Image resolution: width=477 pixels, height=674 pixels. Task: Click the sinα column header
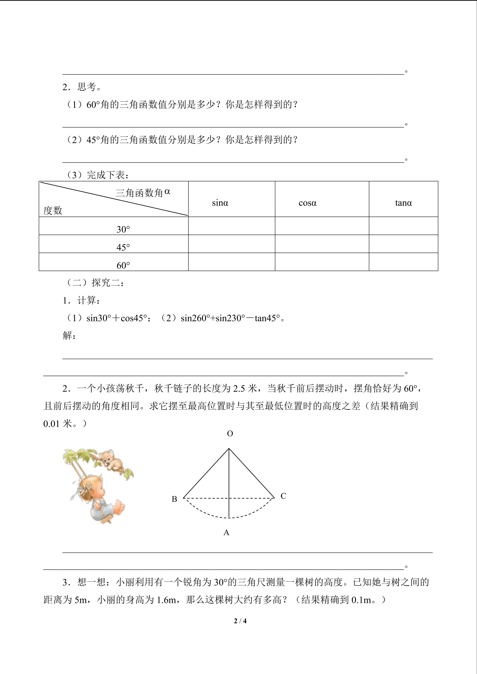(x=220, y=203)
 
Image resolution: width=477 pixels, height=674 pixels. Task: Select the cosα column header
(x=307, y=203)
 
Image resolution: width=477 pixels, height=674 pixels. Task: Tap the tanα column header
(x=403, y=203)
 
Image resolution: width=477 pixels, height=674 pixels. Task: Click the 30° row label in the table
(x=123, y=229)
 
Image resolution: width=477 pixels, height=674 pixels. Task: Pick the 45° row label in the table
(x=123, y=247)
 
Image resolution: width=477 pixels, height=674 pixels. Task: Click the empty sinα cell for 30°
(x=231, y=226)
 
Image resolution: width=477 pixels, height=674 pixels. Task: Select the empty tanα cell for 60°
(x=403, y=262)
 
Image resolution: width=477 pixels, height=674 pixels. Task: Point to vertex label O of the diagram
(x=230, y=434)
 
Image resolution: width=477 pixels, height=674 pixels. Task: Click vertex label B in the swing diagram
(x=174, y=499)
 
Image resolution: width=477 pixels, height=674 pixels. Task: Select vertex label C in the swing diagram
(x=283, y=496)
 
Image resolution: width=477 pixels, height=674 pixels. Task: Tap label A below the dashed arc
(x=226, y=532)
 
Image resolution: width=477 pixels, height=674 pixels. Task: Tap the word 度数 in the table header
(x=53, y=210)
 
